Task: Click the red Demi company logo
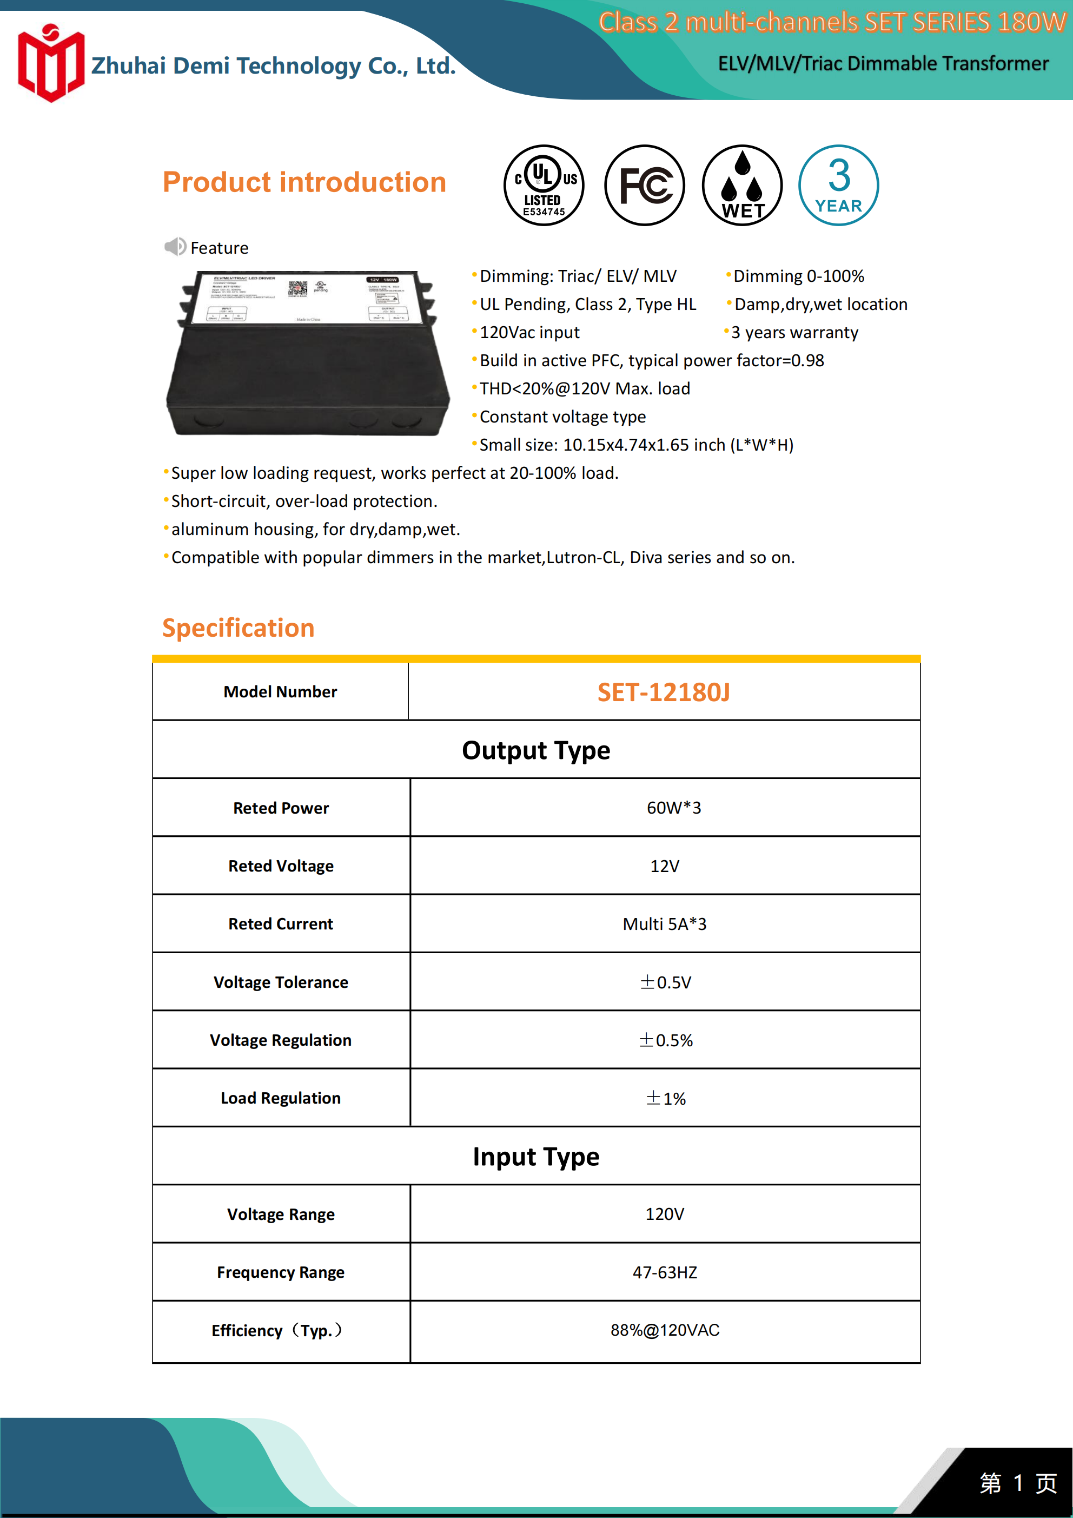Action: (x=51, y=63)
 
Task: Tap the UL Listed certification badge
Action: (x=544, y=185)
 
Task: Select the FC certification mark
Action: (x=645, y=185)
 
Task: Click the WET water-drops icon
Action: (x=742, y=185)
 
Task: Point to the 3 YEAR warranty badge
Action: (x=838, y=185)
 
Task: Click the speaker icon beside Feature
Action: (x=175, y=247)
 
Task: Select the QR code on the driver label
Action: (x=297, y=289)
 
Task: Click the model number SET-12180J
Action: (x=664, y=692)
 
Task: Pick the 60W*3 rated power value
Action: (x=674, y=807)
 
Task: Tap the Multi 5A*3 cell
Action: (x=665, y=923)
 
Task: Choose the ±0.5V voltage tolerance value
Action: (x=665, y=982)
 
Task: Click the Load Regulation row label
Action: (x=280, y=1098)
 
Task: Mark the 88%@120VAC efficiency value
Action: (x=665, y=1330)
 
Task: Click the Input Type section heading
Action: (x=535, y=1156)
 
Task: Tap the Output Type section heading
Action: (x=535, y=750)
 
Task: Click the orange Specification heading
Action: (x=238, y=628)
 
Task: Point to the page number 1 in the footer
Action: (x=1018, y=1483)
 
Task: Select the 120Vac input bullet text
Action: (x=529, y=333)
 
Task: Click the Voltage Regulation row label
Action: (x=280, y=1040)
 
